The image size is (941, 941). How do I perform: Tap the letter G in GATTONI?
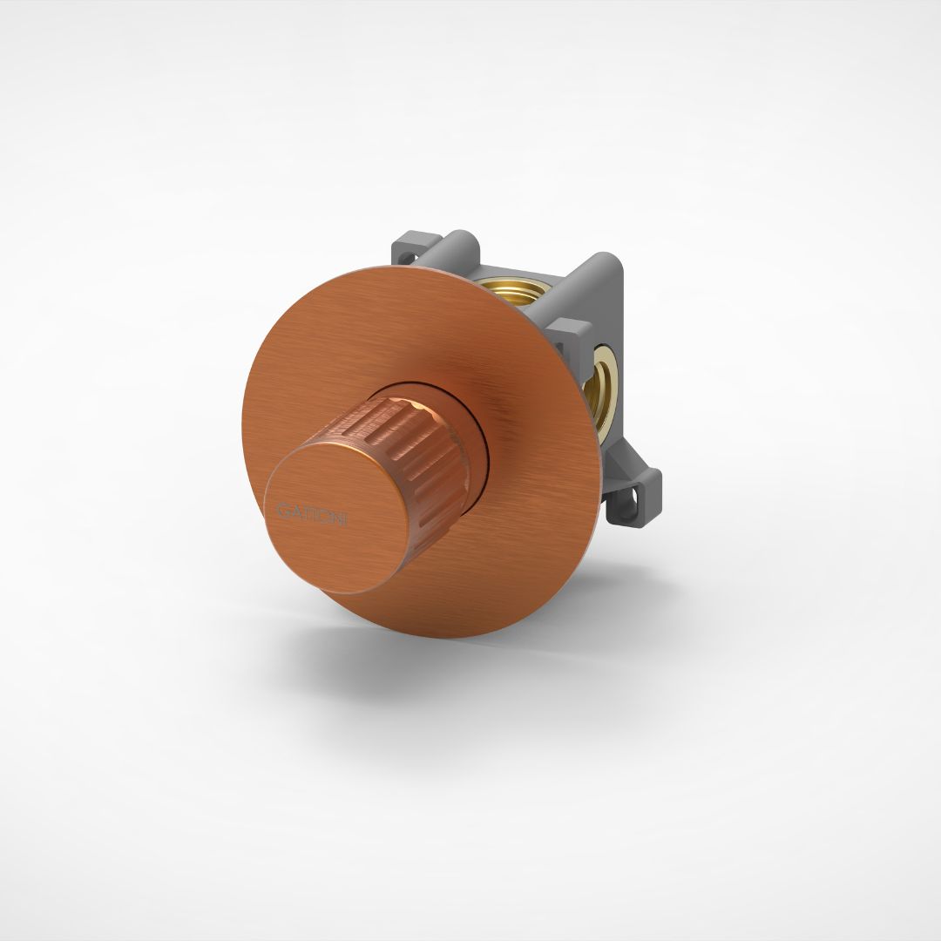pos(281,506)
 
